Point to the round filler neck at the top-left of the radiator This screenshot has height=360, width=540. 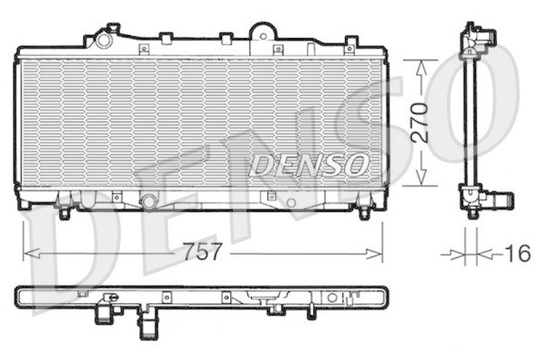click(103, 39)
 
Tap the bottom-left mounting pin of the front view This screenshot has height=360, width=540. click(64, 213)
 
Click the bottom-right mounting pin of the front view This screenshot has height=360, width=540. click(364, 213)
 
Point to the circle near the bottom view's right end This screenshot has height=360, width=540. click(331, 297)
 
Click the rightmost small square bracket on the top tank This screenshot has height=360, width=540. click(350, 48)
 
